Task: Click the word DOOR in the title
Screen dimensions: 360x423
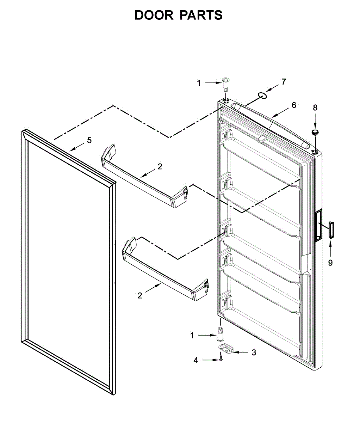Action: [x=154, y=15]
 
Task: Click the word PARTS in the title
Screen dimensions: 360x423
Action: [x=201, y=15]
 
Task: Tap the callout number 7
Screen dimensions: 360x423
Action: [x=283, y=82]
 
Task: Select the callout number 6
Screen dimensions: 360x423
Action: [x=293, y=105]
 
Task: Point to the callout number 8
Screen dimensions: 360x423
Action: [x=315, y=108]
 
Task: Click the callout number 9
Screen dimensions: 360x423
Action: [x=330, y=263]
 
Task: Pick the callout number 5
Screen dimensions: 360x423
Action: [x=89, y=140]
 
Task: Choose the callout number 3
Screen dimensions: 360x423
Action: [x=254, y=352]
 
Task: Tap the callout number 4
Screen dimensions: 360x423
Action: [x=196, y=360]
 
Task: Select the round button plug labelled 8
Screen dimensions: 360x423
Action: [x=315, y=132]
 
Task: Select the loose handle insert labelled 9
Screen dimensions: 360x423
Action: [x=331, y=230]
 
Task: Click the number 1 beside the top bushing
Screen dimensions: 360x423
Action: [x=199, y=83]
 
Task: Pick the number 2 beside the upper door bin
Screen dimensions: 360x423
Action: [x=160, y=167]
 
